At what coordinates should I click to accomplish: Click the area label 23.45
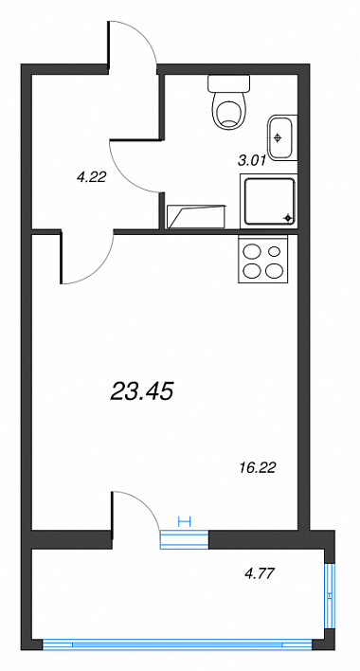(x=141, y=391)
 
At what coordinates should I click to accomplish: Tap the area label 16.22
(x=257, y=468)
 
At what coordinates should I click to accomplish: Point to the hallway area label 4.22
(x=91, y=176)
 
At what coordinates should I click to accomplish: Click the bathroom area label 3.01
(x=252, y=160)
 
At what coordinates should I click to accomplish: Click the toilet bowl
(x=229, y=111)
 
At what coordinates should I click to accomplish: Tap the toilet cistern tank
(x=228, y=83)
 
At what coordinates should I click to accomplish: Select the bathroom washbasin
(x=282, y=137)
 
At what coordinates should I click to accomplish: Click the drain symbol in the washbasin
(x=278, y=137)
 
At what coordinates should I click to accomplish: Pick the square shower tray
(x=268, y=201)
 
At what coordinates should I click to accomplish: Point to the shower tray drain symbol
(x=289, y=219)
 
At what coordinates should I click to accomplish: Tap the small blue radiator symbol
(x=184, y=521)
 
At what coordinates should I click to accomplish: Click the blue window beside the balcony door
(x=184, y=539)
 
